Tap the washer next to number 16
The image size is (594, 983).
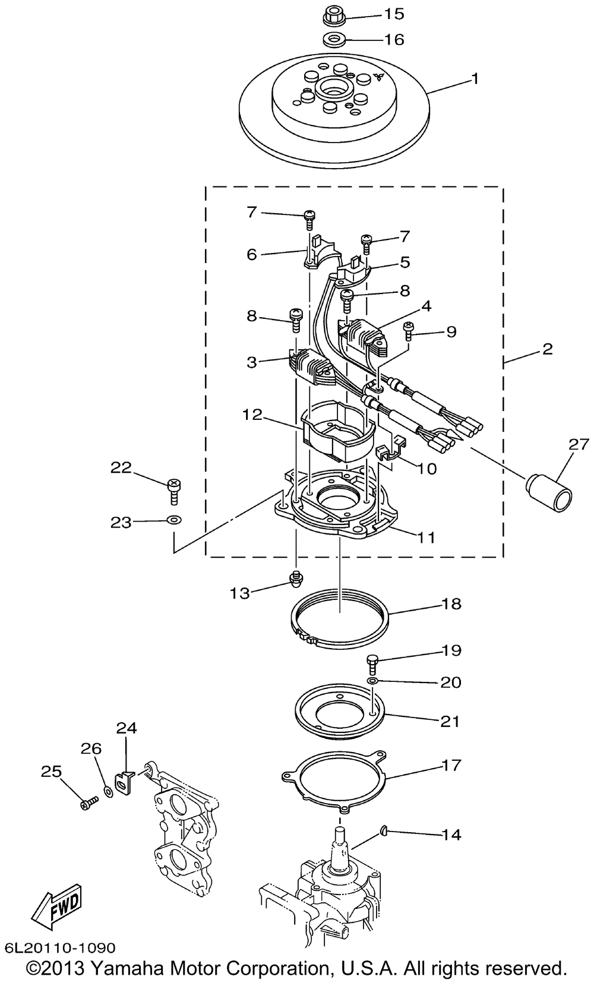point(334,40)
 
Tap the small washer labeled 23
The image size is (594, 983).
point(174,520)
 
